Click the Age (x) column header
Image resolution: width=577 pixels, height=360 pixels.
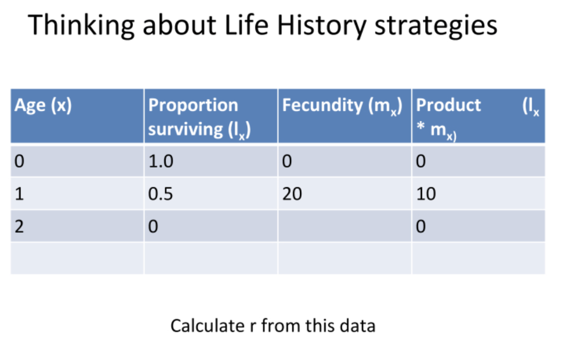[x=43, y=106]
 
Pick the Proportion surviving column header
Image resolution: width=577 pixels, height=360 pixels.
[x=199, y=117]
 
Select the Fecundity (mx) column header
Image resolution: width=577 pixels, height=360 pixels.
[x=342, y=106]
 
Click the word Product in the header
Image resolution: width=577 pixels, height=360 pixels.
[x=449, y=105]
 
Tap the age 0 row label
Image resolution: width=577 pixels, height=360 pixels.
[x=19, y=162]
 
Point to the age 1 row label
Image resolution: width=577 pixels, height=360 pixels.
[x=19, y=194]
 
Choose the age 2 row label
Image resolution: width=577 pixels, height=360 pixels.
[x=19, y=227]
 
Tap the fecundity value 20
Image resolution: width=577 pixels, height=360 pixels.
[x=292, y=194]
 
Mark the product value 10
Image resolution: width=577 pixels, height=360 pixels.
[x=426, y=194]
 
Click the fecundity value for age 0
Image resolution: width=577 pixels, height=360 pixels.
[x=287, y=162]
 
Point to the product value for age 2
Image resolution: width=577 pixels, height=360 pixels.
[x=421, y=227]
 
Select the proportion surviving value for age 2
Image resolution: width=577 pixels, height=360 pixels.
[x=153, y=227]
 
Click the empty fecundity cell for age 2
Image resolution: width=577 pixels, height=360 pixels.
[x=344, y=227]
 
